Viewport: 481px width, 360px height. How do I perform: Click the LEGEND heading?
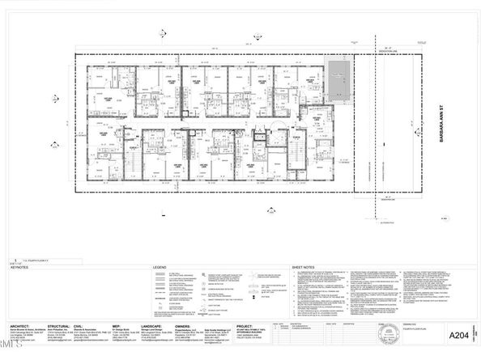pyautogui.click(x=160, y=267)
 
